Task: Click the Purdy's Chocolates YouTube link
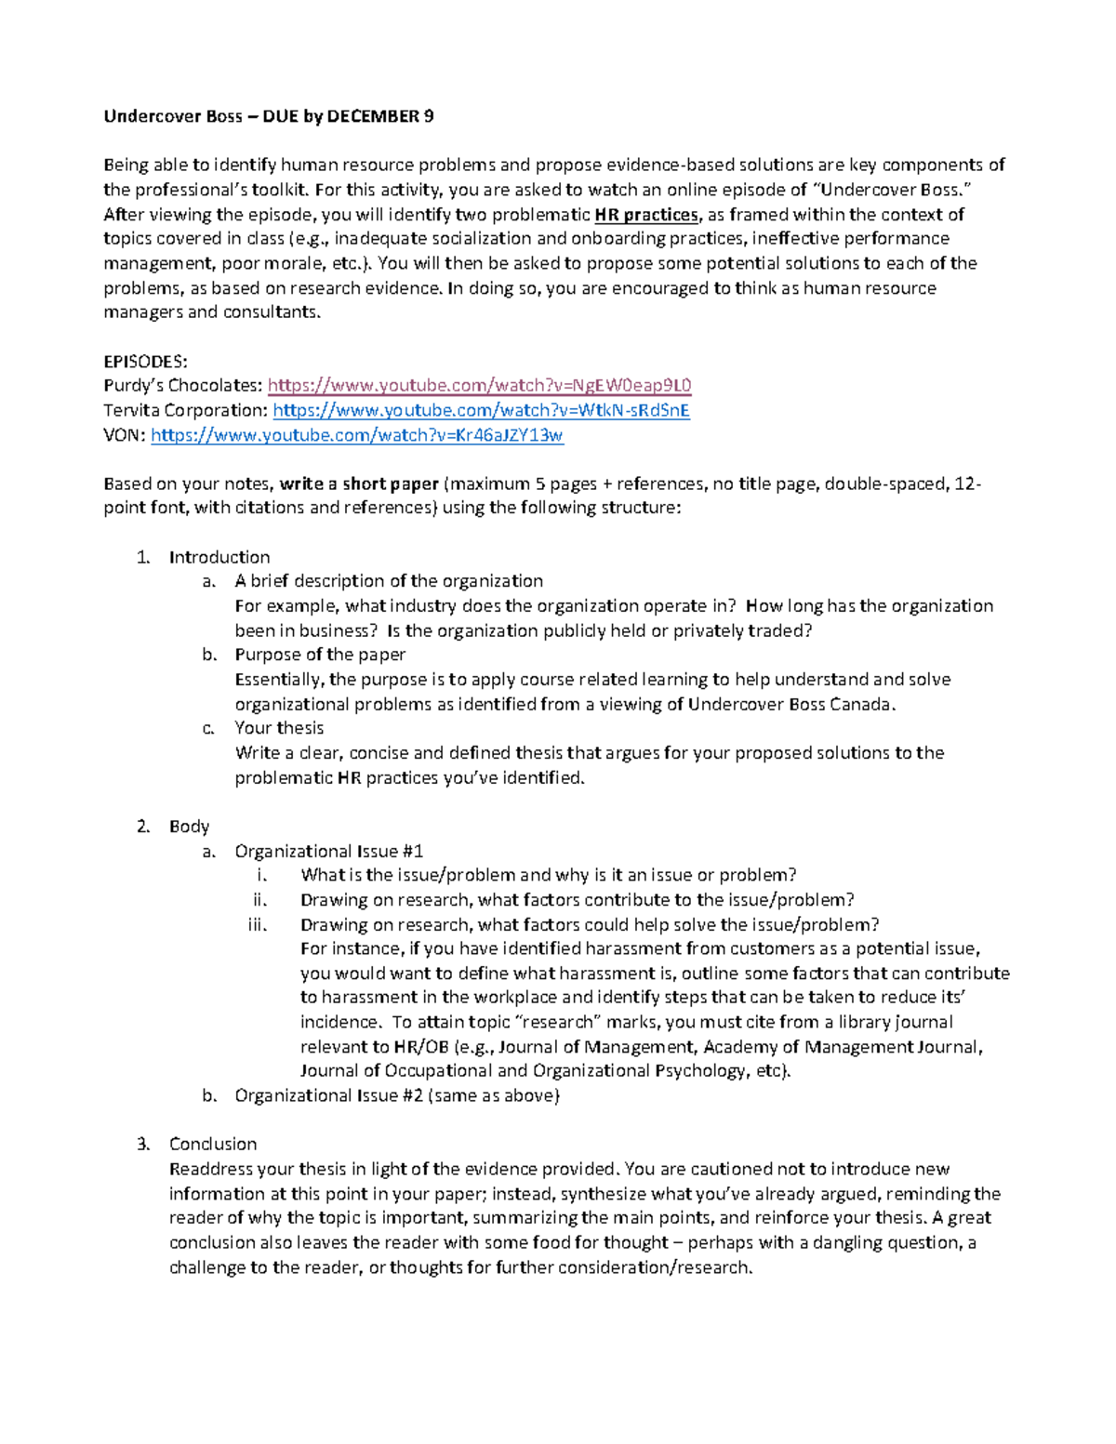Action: (x=479, y=386)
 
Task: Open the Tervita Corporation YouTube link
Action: (x=481, y=410)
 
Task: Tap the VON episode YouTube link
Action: (x=356, y=435)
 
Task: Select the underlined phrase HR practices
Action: (x=645, y=215)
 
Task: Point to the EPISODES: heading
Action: (x=145, y=362)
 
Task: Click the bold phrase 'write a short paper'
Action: (x=359, y=484)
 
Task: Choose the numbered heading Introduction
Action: (x=219, y=557)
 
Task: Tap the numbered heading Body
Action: (x=189, y=827)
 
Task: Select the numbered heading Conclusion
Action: (x=213, y=1144)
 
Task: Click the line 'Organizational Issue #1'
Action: (x=329, y=851)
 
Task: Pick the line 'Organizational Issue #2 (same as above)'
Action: (x=397, y=1095)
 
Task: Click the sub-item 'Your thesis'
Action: (x=279, y=728)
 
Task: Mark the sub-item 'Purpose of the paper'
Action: (x=320, y=655)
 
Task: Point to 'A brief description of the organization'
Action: (x=389, y=581)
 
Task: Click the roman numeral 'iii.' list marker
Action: (x=258, y=924)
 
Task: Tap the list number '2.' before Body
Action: (x=142, y=827)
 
